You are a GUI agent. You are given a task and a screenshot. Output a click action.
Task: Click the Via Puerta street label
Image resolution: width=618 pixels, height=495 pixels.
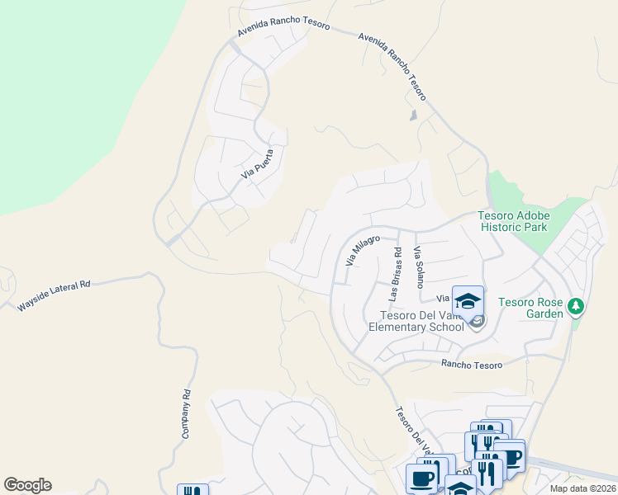pyautogui.click(x=256, y=163)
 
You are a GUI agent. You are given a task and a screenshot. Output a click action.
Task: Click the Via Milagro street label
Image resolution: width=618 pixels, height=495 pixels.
pyautogui.click(x=361, y=251)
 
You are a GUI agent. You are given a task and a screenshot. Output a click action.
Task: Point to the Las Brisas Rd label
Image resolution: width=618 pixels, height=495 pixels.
pyautogui.click(x=397, y=274)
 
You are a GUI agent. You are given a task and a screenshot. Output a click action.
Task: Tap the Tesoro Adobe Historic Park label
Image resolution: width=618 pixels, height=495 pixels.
pyautogui.click(x=512, y=221)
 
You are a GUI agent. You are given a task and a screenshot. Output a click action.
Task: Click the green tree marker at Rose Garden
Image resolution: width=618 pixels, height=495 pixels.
pyautogui.click(x=577, y=307)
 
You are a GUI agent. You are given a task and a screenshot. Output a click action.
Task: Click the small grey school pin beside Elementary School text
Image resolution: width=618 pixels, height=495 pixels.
pyautogui.click(x=477, y=323)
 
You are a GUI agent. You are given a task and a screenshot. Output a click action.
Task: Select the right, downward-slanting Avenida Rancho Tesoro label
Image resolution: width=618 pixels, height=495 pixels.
pyautogui.click(x=393, y=67)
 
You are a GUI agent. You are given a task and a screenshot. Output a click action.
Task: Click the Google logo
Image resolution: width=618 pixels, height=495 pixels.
pyautogui.click(x=27, y=485)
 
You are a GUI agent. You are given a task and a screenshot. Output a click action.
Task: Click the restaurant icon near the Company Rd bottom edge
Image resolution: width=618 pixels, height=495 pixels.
pyautogui.click(x=193, y=491)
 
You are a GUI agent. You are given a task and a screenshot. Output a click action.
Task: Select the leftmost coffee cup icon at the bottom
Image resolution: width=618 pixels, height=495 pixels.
pyautogui.click(x=421, y=479)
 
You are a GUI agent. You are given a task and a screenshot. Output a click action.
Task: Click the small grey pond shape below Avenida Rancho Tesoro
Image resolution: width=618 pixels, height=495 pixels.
pyautogui.click(x=413, y=115)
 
